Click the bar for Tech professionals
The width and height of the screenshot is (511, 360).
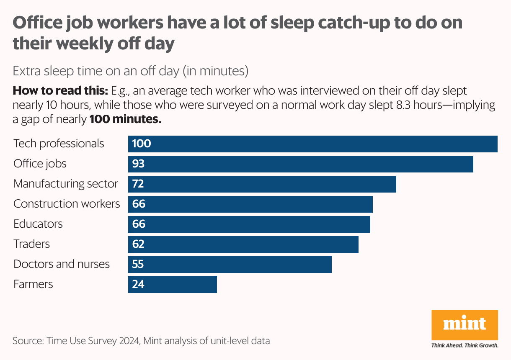coord(312,144)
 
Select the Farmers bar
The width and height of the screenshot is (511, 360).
coord(173,285)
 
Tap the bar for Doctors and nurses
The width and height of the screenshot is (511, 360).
coord(230,265)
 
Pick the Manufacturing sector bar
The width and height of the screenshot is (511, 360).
coord(262,184)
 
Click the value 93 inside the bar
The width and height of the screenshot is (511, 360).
coord(138,164)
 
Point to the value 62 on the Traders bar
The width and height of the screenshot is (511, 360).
coord(138,244)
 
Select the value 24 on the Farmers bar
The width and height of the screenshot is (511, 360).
coord(138,285)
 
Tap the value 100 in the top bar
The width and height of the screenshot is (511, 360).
coord(141,144)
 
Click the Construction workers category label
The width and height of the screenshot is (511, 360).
coord(67,204)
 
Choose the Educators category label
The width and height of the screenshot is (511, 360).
coord(38,224)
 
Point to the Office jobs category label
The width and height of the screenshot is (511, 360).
coord(40,164)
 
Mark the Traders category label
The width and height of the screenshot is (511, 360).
coord(31,244)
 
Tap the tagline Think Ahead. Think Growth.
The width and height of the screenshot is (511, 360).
coord(465,346)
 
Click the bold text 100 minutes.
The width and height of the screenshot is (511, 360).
coord(125,120)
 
